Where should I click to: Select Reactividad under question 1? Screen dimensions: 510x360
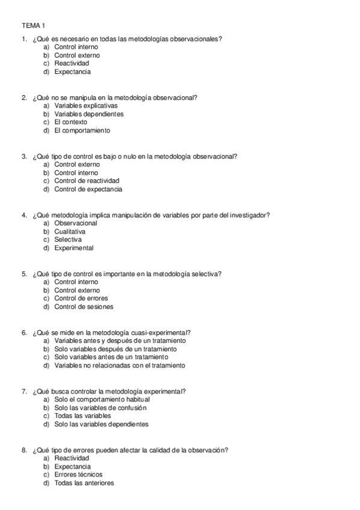tap(72, 63)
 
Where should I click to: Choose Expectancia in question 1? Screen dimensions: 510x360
tap(72, 72)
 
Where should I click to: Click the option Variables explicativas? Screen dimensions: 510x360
tap(85, 105)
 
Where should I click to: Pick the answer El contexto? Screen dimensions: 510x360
tap(70, 122)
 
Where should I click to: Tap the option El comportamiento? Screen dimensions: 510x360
tap(82, 131)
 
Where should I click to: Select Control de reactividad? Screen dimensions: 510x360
tap(87, 180)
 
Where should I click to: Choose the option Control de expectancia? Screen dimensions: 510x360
tap(88, 189)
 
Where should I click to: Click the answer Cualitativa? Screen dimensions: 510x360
tap(70, 231)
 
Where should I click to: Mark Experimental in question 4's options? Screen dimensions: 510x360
tap(73, 248)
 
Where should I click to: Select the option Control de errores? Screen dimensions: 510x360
tap(81, 298)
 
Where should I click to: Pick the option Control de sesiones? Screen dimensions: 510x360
tap(83, 307)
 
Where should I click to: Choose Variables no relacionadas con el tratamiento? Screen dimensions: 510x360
tap(120, 365)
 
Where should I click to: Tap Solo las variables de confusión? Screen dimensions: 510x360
tap(100, 407)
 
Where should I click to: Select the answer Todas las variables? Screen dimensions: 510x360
tap(82, 416)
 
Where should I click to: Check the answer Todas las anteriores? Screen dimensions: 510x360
tap(84, 482)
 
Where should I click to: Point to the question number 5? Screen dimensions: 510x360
tap(23, 274)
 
